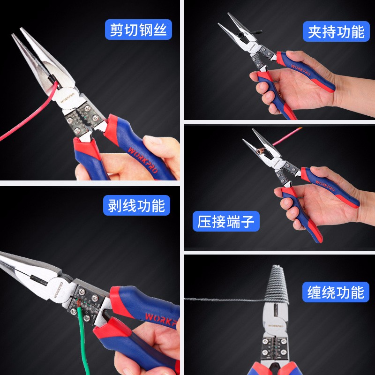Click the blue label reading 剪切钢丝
tap(138, 30)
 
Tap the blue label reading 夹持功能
tap(336, 31)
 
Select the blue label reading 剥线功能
tap(136, 205)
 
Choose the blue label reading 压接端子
tap(226, 221)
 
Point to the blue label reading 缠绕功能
tap(336, 292)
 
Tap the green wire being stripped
tap(83, 339)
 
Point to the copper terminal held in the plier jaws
tap(260, 150)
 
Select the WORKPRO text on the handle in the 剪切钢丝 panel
tap(143, 160)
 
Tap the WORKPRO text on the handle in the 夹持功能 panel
tap(300, 69)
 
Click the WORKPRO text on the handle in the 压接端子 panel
tap(325, 186)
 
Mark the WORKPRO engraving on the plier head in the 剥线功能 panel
tap(58, 290)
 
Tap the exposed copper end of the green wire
tap(78, 303)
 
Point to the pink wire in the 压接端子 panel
tap(287, 136)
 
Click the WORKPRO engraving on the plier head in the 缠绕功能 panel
tap(275, 326)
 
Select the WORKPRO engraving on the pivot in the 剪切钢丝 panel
tap(67, 97)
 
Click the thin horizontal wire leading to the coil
tap(225, 299)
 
